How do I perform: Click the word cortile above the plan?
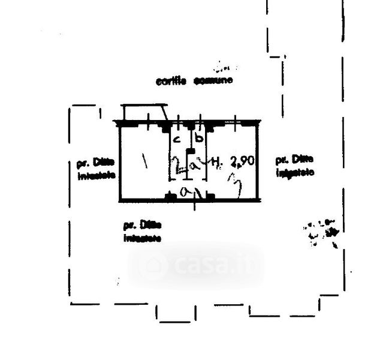171,81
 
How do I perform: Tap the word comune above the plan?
213,81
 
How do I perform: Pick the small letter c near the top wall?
176,139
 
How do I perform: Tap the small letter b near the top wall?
200,138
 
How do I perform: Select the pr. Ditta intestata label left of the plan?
97,169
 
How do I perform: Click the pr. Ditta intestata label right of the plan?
294,166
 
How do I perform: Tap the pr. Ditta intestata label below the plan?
143,231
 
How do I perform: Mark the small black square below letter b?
191,150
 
